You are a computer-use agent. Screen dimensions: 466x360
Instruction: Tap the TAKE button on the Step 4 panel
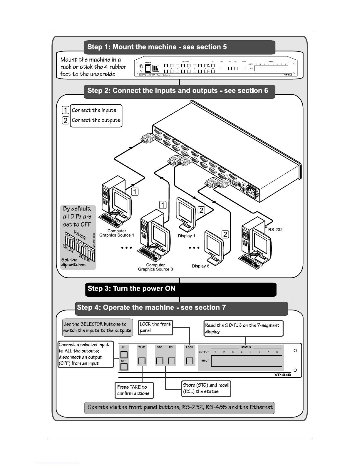pos(142,360)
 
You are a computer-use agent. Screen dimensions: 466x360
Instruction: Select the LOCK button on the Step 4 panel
pos(190,360)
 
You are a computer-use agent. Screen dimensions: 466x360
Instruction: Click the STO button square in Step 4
pos(160,360)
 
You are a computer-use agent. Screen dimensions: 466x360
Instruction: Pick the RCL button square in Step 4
pos(172,360)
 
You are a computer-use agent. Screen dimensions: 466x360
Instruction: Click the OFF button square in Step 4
pos(124,367)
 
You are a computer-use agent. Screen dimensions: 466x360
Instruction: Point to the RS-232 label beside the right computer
pos(275,230)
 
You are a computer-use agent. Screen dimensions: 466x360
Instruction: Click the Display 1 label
pos(187,236)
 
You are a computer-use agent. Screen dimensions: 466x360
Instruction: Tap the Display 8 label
pos(201,266)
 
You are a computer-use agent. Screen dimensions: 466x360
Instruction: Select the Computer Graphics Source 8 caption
pos(155,267)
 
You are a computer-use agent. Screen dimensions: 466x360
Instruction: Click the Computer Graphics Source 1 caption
pos(117,233)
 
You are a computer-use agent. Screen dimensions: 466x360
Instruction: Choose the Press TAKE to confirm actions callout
pos(134,390)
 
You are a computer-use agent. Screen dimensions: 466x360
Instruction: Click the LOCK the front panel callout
pos(155,327)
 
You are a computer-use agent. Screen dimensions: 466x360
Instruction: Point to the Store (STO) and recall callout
pos(206,388)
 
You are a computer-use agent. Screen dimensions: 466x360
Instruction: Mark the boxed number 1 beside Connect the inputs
pos(66,110)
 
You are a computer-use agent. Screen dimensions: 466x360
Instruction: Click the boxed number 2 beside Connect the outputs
pos(66,120)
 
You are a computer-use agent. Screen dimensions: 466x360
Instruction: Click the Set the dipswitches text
pos(73,262)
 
